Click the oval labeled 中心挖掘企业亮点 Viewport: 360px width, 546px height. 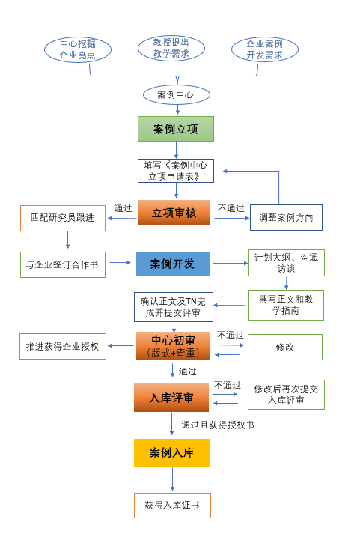[78, 49]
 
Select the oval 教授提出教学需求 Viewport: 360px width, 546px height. [171, 48]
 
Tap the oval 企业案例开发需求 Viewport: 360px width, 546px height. [265, 49]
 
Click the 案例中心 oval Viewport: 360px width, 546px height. [177, 94]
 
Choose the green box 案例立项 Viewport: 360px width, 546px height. [176, 129]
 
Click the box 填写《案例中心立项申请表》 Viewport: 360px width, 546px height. [176, 171]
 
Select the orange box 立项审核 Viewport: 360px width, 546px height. [174, 213]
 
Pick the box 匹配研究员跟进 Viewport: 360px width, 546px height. [63, 218]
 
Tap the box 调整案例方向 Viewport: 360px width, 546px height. [286, 217]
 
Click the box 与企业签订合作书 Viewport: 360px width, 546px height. [63, 264]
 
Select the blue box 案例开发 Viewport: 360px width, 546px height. [173, 264]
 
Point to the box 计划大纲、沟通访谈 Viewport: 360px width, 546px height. [287, 263]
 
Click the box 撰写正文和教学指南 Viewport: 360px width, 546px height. [287, 305]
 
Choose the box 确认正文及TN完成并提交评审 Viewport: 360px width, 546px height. [174, 307]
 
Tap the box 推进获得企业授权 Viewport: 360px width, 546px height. [63, 346]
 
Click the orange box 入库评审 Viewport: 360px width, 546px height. [171, 398]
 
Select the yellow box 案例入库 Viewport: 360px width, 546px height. [172, 452]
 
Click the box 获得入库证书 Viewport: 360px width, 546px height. [172, 506]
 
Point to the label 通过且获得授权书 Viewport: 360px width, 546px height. [218, 425]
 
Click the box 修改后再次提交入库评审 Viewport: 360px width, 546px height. [286, 394]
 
